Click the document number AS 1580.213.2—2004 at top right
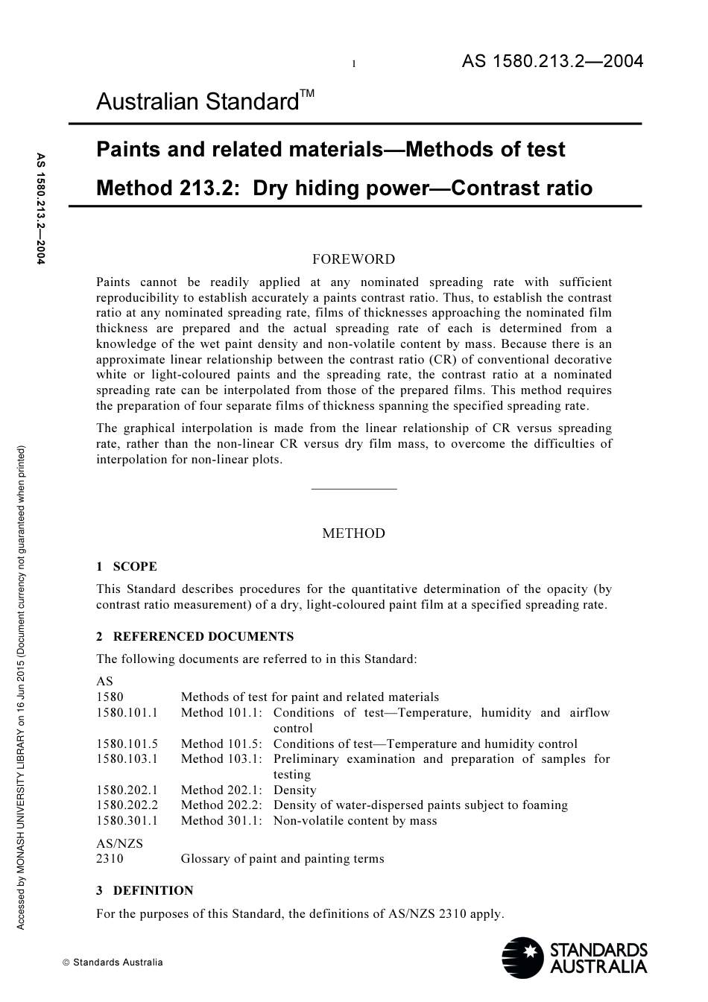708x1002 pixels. point(551,62)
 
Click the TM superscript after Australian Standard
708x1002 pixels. point(308,94)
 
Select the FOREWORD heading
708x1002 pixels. point(353,259)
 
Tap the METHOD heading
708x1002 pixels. point(353,533)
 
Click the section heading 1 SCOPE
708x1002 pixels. point(127,566)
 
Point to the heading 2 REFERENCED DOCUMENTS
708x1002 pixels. point(195,636)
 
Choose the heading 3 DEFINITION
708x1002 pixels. point(145,890)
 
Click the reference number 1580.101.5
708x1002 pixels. point(127,743)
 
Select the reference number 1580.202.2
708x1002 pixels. point(127,805)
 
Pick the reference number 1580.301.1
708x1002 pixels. point(127,820)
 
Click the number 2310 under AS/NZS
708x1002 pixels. point(110,858)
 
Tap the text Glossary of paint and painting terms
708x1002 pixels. point(282,858)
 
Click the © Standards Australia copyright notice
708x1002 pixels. point(113,962)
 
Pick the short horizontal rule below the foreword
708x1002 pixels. point(353,489)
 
